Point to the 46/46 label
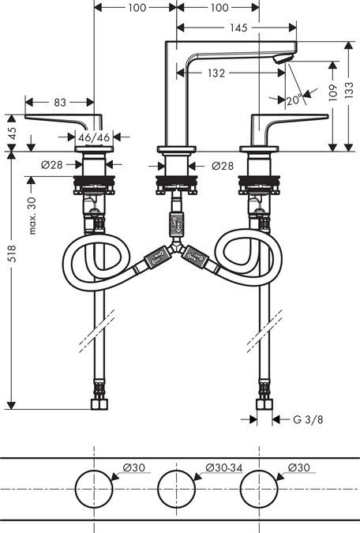(96, 137)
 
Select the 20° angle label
(294, 100)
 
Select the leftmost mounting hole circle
(95, 490)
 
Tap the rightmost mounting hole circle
(260, 490)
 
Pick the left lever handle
(59, 119)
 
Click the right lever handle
(292, 119)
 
